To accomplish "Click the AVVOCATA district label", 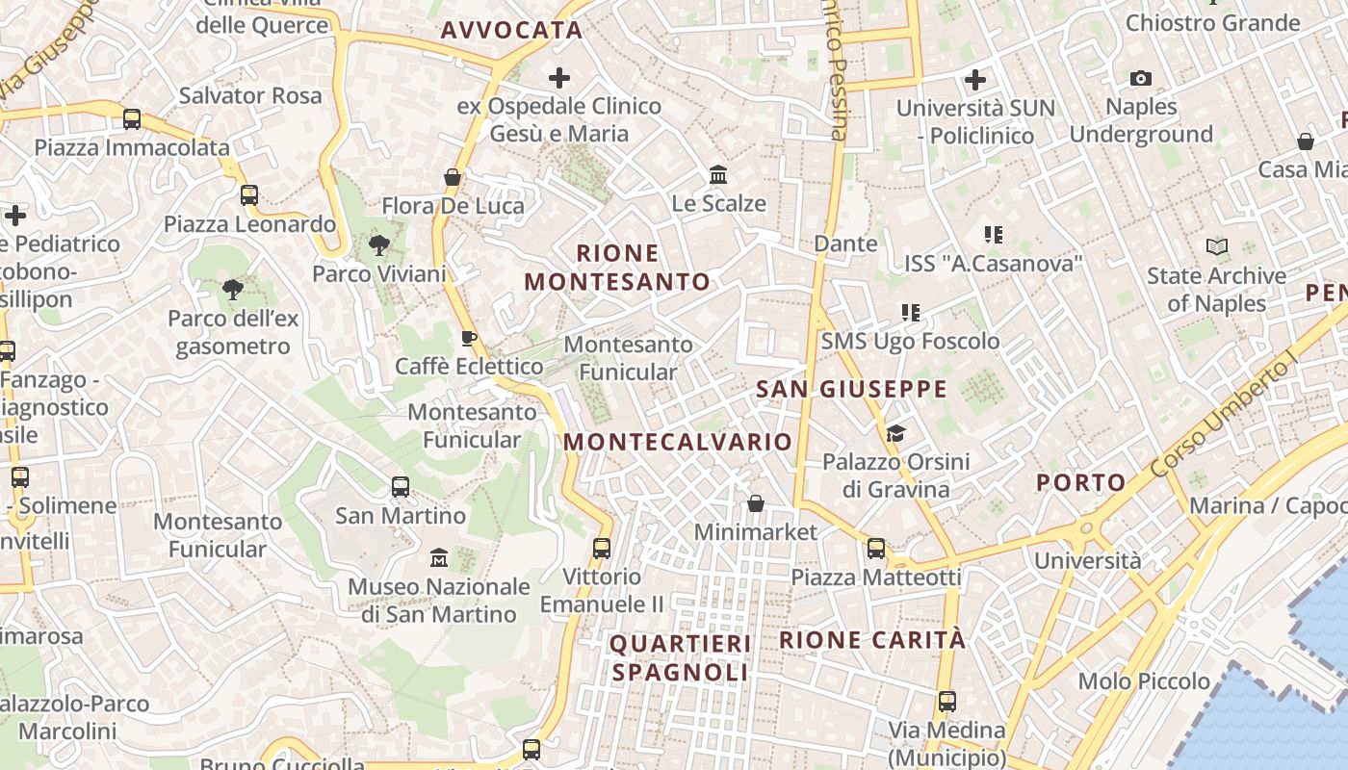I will click(x=511, y=30).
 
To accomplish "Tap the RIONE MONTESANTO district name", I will click(x=617, y=268).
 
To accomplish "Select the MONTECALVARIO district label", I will click(x=678, y=442).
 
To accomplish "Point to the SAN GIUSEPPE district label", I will click(x=851, y=389).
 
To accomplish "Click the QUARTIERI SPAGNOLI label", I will click(x=680, y=657).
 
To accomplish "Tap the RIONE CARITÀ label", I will click(x=871, y=640).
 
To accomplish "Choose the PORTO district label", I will click(x=1080, y=482).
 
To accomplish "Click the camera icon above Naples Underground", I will click(x=1141, y=78).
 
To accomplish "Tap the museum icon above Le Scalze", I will click(x=718, y=175).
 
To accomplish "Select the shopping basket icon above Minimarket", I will click(x=756, y=503).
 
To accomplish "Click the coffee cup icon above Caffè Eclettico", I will click(x=469, y=338).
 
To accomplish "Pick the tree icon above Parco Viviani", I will click(x=379, y=245).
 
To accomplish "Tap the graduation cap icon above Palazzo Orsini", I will click(x=895, y=433).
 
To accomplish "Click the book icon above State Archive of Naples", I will click(x=1217, y=247).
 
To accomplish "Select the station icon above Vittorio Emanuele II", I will click(x=602, y=549).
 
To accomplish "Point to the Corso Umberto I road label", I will click(x=1224, y=417).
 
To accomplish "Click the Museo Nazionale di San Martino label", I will click(x=439, y=600).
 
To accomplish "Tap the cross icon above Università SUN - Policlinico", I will click(x=975, y=79).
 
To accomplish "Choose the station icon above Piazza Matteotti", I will click(x=876, y=549).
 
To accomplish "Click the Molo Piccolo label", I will click(x=1144, y=681).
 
